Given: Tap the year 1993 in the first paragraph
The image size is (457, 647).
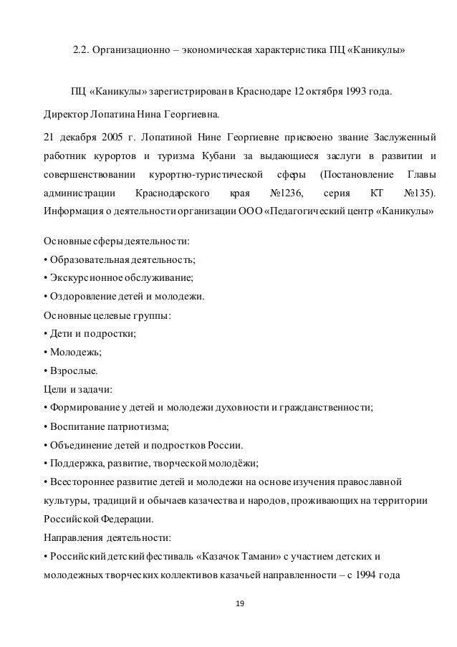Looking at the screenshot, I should (x=358, y=93).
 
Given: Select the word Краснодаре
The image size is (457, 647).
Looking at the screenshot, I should (x=259, y=93).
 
